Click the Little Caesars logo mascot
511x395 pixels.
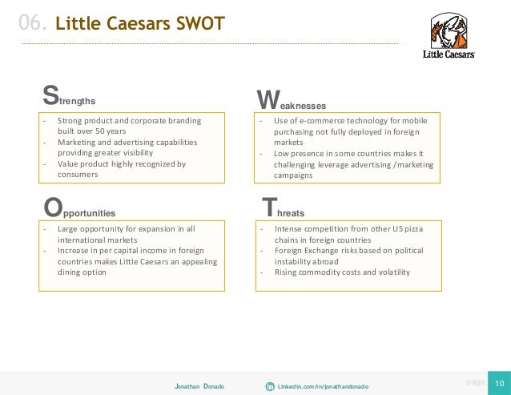click(447, 31)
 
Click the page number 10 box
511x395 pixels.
click(500, 383)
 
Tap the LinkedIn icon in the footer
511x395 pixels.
click(270, 386)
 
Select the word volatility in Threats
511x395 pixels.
click(390, 272)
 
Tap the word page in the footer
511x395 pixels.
click(475, 383)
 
